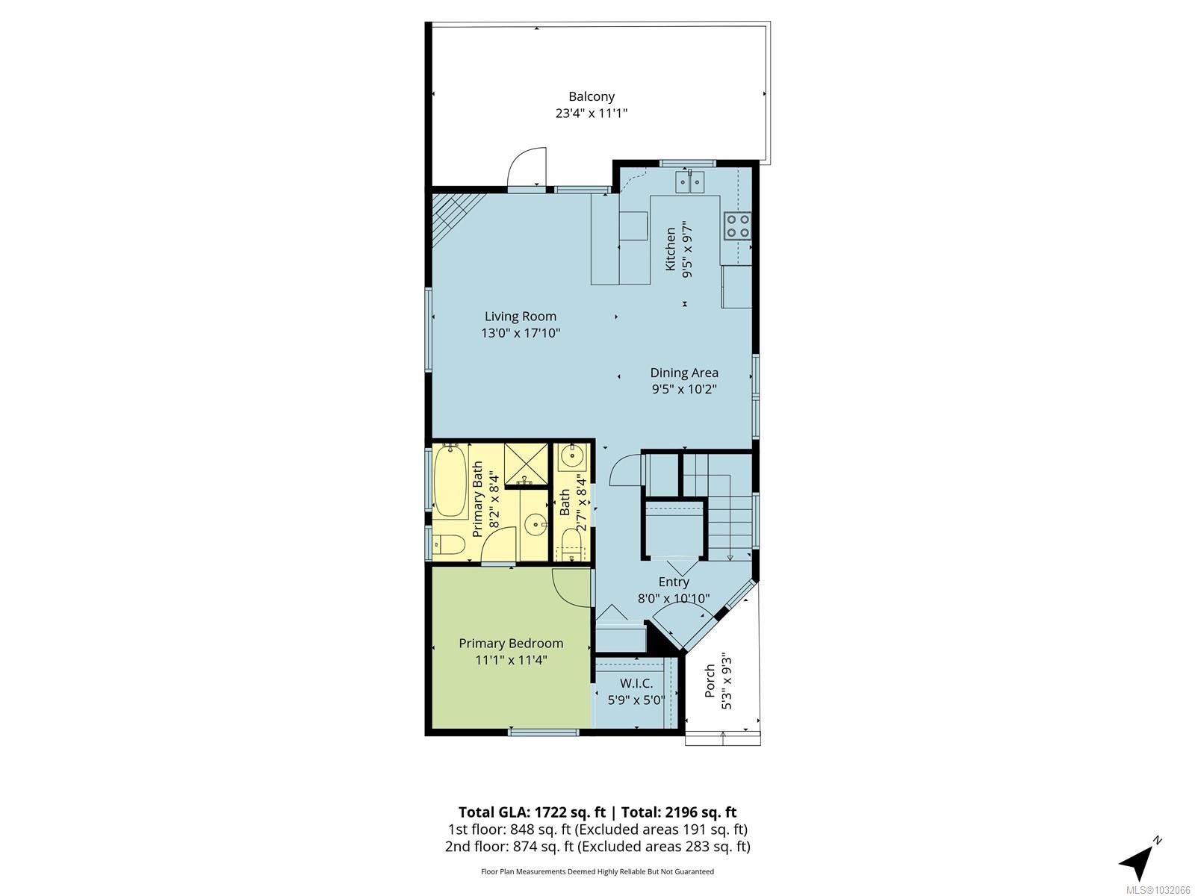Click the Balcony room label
(x=591, y=96)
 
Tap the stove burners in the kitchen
(x=736, y=225)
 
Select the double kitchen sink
(x=691, y=181)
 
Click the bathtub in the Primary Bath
(x=450, y=482)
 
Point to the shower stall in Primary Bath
(x=525, y=464)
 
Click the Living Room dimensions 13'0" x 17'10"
(x=521, y=333)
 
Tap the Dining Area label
(x=683, y=373)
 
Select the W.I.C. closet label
(x=636, y=683)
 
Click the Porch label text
(x=710, y=680)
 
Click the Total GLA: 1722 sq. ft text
(x=531, y=812)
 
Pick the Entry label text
(x=673, y=582)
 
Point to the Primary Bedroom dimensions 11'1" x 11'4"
(x=511, y=660)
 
